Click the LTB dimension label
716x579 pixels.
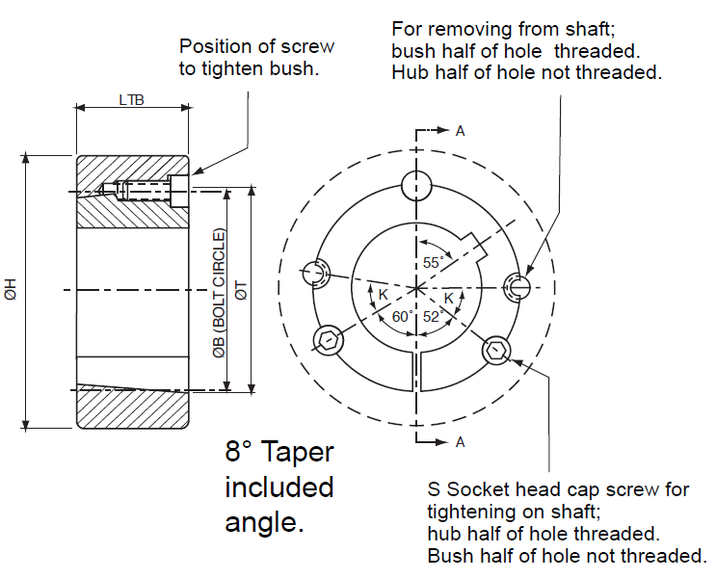tap(132, 99)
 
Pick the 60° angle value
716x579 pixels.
tap(401, 316)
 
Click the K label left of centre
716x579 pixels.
tap(383, 294)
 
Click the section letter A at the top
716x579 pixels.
tap(461, 132)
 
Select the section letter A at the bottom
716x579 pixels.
tap(461, 442)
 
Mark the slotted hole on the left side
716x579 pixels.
tap(315, 273)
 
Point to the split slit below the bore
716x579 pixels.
tap(415, 368)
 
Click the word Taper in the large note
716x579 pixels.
tap(300, 452)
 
